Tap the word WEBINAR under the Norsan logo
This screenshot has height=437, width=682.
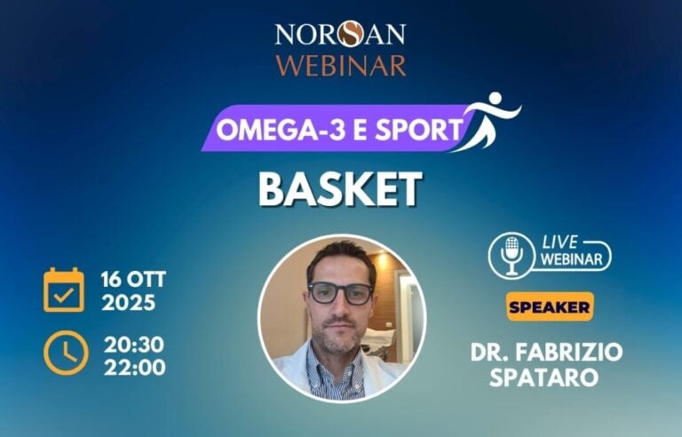pyautogui.click(x=340, y=66)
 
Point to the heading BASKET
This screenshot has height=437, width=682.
pyautogui.click(x=340, y=188)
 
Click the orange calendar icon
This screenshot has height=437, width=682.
pyautogui.click(x=64, y=290)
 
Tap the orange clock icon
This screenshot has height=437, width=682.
pyautogui.click(x=65, y=353)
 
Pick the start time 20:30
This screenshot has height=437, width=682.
pyautogui.click(x=134, y=343)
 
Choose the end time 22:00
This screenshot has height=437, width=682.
pyautogui.click(x=134, y=366)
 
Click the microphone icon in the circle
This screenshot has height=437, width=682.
pyautogui.click(x=511, y=255)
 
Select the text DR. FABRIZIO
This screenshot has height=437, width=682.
pyautogui.click(x=546, y=352)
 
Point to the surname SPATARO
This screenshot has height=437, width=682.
pyautogui.click(x=546, y=377)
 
